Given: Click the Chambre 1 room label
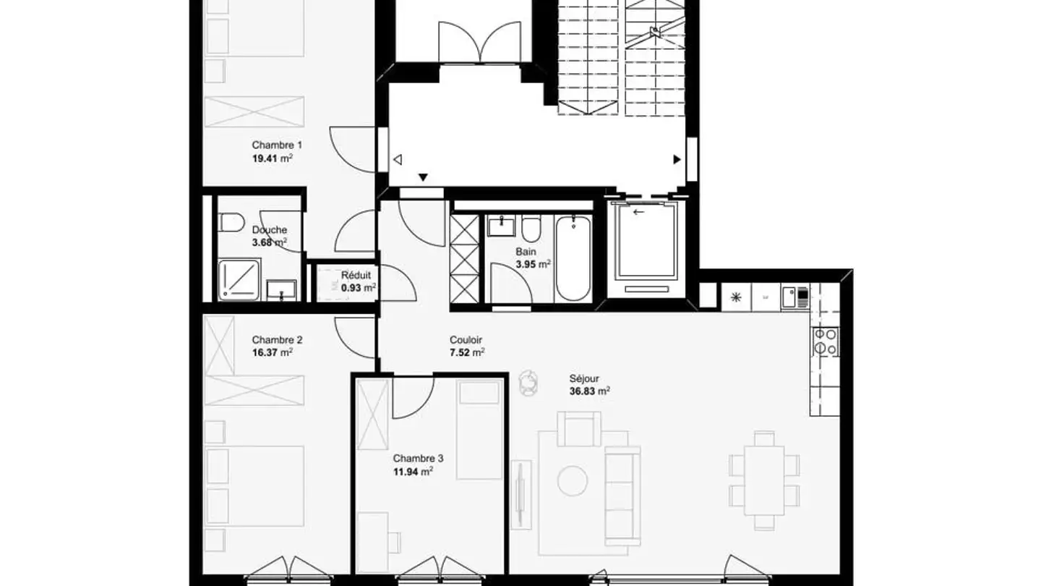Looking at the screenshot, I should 272,145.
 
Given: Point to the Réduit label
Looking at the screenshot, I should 356,275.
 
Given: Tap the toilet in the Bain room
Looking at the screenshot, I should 531,228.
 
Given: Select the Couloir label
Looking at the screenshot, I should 466,340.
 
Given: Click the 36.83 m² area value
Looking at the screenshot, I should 589,391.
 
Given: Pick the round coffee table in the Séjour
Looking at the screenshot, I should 573,480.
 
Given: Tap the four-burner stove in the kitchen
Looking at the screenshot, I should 825,341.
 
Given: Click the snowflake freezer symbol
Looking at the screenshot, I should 736,297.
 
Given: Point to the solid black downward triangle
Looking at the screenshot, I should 424,177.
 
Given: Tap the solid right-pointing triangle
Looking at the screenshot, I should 677,159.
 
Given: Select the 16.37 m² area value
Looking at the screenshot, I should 272,353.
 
